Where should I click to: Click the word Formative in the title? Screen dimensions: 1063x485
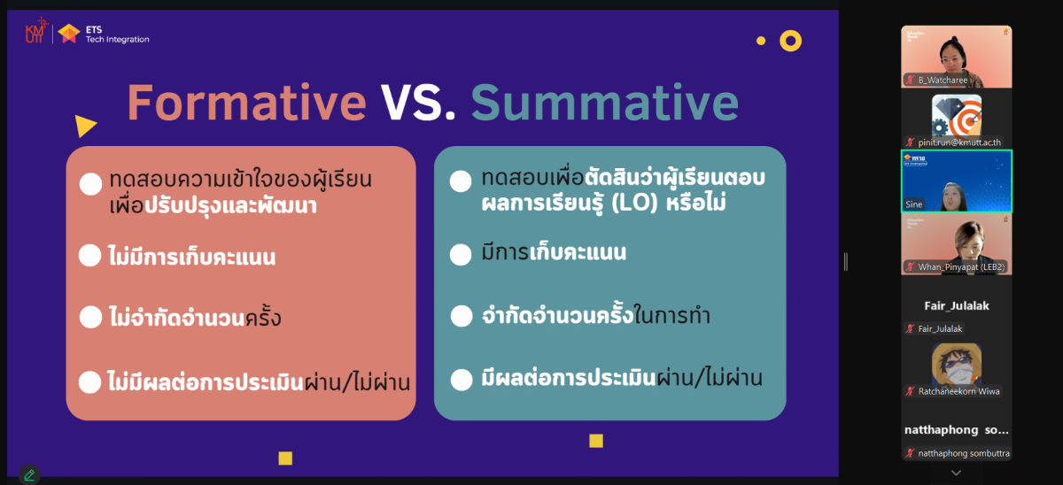coord(247,103)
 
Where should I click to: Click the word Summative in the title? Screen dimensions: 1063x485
coord(604,103)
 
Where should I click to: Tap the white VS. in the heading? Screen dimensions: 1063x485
coord(418,103)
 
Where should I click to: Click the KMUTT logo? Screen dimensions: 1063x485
coord(36,31)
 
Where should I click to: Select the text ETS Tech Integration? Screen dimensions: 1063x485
coord(117,35)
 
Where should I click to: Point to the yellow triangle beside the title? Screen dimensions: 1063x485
coord(85,126)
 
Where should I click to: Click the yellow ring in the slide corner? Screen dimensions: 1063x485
coord(790,41)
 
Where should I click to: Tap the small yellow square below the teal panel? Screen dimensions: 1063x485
coord(596,441)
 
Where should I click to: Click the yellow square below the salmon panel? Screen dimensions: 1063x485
coord(285,458)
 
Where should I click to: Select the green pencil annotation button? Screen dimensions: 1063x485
coord(29,474)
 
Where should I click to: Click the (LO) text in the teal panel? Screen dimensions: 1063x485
coord(634,203)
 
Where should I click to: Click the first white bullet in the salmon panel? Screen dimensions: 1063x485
coord(90,184)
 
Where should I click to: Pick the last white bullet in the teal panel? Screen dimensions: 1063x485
coord(462,380)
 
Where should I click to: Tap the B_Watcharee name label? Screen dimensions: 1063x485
coord(943,81)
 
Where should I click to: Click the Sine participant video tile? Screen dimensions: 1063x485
coord(956,181)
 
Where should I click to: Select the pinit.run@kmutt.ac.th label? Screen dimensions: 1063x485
coord(959,142)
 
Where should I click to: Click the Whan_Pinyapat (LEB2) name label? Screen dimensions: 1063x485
coord(961,267)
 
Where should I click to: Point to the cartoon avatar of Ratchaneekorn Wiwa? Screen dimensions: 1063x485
coord(956,365)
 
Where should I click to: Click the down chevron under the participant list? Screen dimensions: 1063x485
coord(956,473)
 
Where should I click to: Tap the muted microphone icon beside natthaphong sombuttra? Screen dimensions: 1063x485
coord(910,453)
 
